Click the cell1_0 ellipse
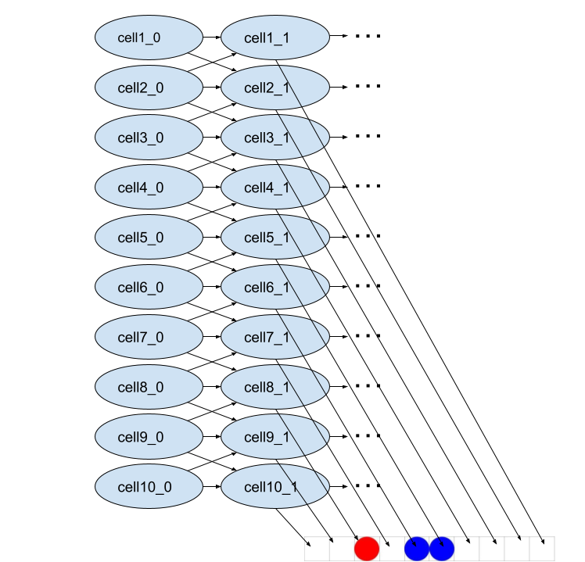pos(149,38)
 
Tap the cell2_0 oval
pos(149,88)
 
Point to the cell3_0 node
pos(149,138)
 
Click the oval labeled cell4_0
pos(149,188)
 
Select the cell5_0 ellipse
pos(149,238)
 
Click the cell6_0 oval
pos(149,288)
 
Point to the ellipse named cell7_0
pos(149,338)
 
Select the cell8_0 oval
pos(149,388)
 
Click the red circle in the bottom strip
pos(367,549)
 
